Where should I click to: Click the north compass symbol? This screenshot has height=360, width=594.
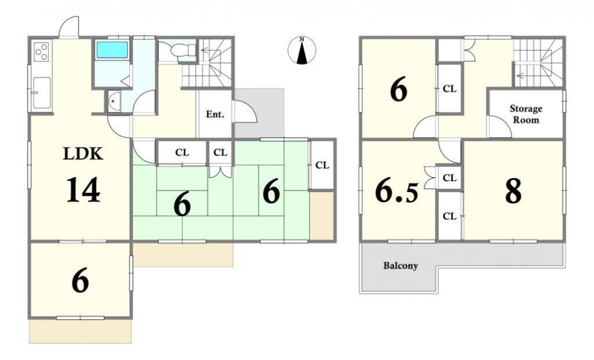click(302, 51)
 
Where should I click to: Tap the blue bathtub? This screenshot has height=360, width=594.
click(112, 50)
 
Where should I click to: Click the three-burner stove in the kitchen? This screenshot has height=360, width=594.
click(41, 51)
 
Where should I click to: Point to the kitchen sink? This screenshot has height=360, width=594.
click(42, 93)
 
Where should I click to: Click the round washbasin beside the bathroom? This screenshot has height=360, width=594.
click(114, 101)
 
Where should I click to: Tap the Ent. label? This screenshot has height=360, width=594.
click(215, 114)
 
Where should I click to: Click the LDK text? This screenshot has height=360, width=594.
click(83, 154)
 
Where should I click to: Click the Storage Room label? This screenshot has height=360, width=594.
click(526, 114)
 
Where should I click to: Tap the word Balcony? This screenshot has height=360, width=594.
click(401, 265)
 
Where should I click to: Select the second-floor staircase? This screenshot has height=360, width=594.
click(538, 62)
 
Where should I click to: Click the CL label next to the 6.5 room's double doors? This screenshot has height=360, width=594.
click(450, 178)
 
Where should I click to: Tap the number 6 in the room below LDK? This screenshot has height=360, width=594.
click(80, 280)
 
